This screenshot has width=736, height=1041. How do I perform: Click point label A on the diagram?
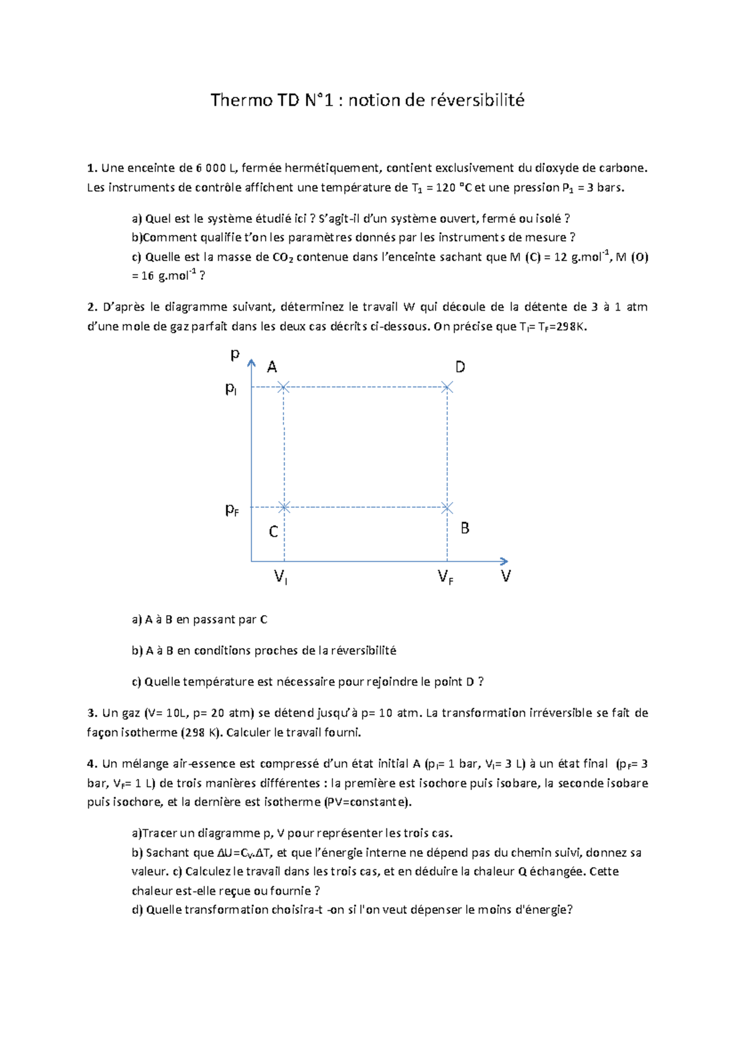(272, 367)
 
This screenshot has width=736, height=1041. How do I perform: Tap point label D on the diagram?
(460, 367)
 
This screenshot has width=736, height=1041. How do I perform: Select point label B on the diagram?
(465, 528)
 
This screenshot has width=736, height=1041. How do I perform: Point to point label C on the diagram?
(274, 532)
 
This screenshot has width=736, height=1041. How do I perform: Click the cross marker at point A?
(283, 387)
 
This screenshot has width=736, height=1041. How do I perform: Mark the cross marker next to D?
(447, 387)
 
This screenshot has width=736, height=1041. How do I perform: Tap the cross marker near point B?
(447, 508)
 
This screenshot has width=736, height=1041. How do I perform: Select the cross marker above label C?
(284, 507)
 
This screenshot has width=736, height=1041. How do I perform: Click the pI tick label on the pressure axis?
(231, 389)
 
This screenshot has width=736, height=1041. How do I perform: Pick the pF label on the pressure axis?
(231, 510)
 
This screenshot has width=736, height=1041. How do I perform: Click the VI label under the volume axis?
(280, 577)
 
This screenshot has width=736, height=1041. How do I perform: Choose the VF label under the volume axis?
(445, 577)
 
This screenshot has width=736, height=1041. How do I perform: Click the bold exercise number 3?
(92, 713)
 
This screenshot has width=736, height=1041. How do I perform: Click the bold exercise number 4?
(92, 764)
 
